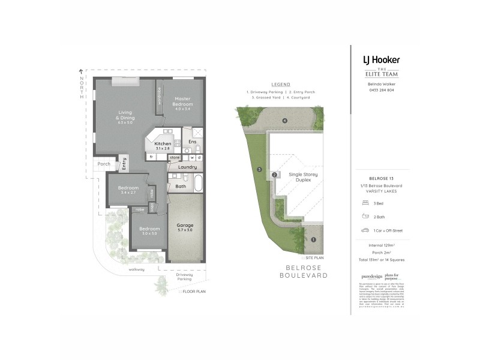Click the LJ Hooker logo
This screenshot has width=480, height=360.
coord(381,60)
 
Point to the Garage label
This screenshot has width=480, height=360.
coord(185,227)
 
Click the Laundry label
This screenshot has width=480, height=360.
coord(187,167)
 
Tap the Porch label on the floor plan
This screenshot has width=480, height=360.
coord(104,163)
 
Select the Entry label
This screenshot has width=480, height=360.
coord(124,163)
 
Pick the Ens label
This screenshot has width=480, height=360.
coord(192,142)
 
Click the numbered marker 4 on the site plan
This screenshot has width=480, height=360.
coord(285,120)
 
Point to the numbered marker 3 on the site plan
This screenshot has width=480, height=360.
coord(259,170)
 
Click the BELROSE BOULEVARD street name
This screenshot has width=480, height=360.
coord(304,271)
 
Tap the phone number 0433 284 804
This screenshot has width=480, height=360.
coord(382,89)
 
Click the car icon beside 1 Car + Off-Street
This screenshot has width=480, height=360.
coord(364,230)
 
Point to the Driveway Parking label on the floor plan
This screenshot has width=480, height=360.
coord(185,277)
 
